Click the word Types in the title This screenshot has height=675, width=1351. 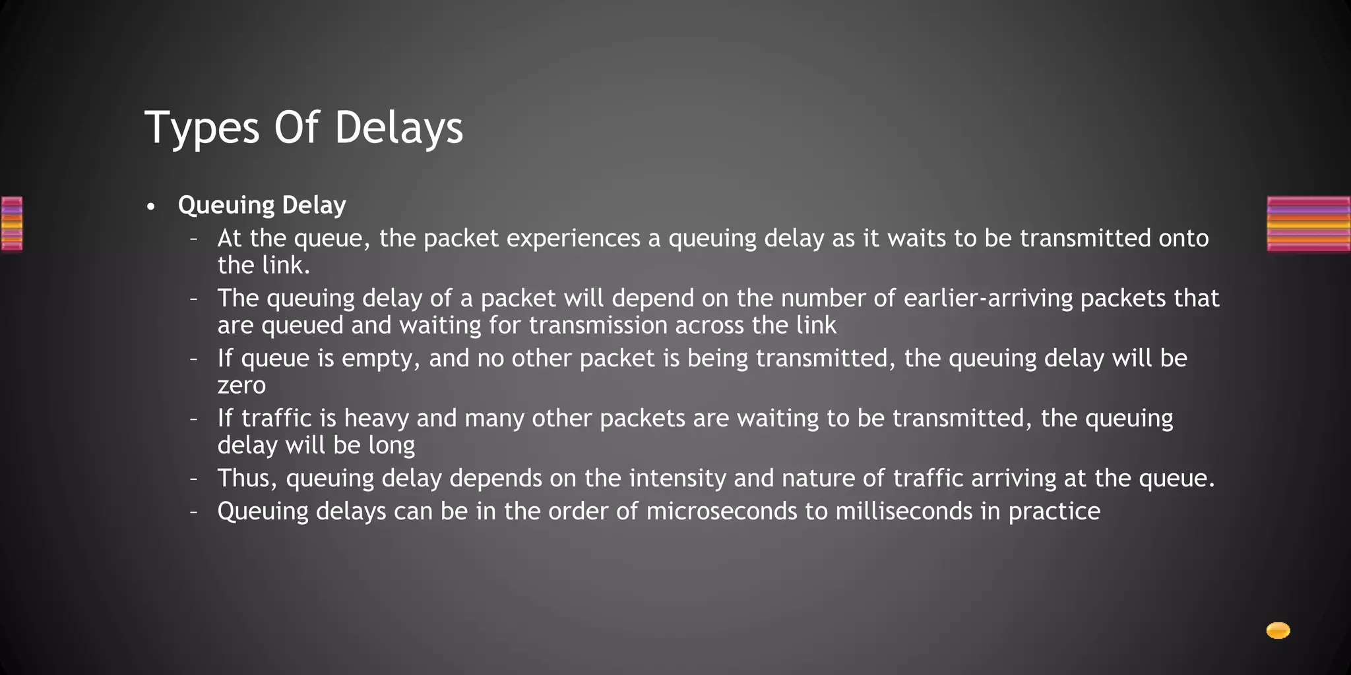pyautogui.click(x=202, y=128)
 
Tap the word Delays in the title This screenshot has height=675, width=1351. pyautogui.click(x=398, y=128)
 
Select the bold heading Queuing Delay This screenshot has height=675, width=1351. pyautogui.click(x=262, y=205)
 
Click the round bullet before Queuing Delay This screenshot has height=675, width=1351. pyautogui.click(x=151, y=207)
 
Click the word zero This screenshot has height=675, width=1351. pyautogui.click(x=241, y=386)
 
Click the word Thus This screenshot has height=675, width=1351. pyautogui.click(x=247, y=478)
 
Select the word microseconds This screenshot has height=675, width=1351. pyautogui.click(x=722, y=512)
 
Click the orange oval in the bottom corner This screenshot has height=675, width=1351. pyautogui.click(x=1278, y=631)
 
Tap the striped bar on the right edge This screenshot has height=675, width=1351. pyautogui.click(x=1308, y=224)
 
